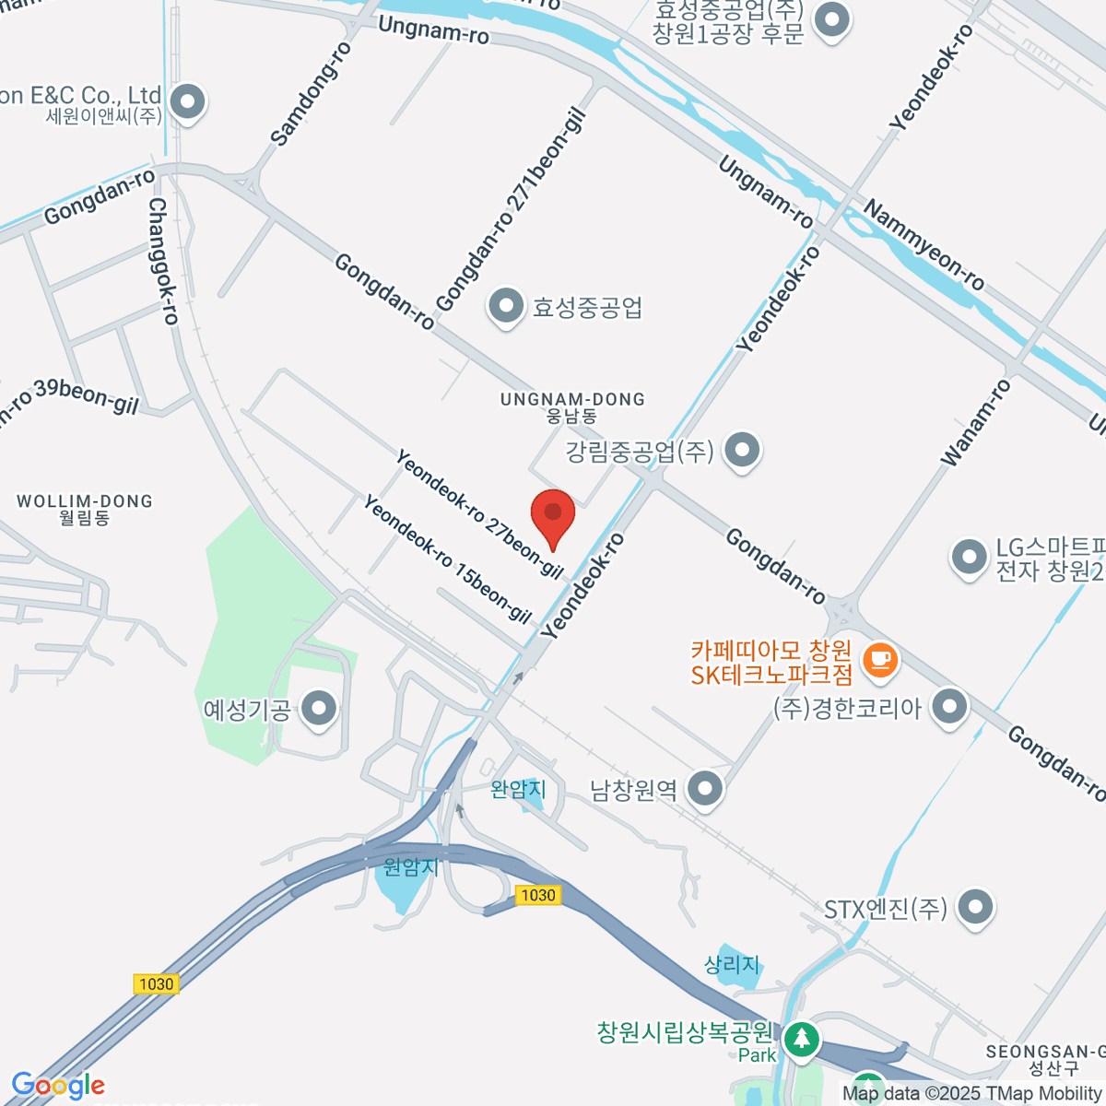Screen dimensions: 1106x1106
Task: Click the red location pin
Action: pos(553,512)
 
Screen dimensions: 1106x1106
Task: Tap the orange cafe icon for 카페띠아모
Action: pos(880,658)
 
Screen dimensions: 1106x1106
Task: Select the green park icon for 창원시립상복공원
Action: pos(802,1039)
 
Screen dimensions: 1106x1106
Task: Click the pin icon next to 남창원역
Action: pos(706,789)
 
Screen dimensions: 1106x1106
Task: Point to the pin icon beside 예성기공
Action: pos(320,709)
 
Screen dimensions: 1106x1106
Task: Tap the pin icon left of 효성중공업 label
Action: pos(505,306)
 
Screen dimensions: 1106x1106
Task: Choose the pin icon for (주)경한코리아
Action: pos(949,707)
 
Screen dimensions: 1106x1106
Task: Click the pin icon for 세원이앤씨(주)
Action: pos(188,101)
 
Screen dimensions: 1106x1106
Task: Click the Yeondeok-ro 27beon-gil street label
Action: pos(479,512)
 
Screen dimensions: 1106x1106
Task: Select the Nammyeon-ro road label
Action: pos(924,246)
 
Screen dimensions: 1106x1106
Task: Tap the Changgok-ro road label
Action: pos(163,262)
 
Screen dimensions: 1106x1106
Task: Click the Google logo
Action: pos(58,1086)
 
